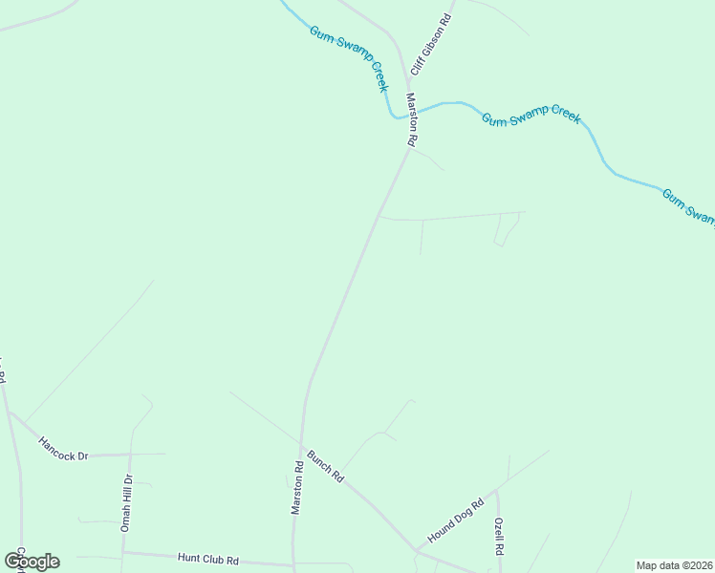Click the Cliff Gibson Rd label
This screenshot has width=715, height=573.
(430, 45)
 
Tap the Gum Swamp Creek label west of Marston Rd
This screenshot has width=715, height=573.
(349, 58)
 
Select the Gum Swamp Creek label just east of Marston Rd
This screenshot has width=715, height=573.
(531, 118)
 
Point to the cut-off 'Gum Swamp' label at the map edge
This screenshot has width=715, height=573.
(688, 207)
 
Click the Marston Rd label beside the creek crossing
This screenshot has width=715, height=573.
(412, 119)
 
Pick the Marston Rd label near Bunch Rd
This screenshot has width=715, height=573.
(298, 488)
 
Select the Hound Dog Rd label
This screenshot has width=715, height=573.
(456, 520)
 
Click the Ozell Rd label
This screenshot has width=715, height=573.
(499, 537)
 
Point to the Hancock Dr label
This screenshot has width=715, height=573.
(63, 449)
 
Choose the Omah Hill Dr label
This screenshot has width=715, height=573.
(126, 502)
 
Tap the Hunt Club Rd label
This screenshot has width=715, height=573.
(207, 559)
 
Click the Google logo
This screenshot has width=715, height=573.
(32, 561)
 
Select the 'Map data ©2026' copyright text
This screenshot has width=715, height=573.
(674, 565)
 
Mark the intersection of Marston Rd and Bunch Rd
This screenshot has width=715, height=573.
(302, 446)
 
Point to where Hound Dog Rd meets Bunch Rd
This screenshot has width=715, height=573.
(417, 550)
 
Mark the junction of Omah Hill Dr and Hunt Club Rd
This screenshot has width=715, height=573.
(122, 552)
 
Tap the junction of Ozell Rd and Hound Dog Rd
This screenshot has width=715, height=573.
(497, 492)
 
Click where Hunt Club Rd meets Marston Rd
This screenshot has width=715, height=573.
(293, 563)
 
